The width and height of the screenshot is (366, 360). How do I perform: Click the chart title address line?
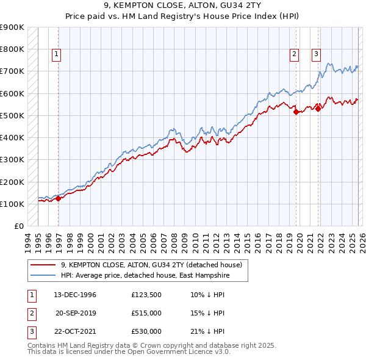click(x=182, y=5)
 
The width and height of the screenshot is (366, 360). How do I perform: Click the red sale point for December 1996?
click(x=59, y=198)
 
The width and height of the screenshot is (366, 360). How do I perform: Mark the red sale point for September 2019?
click(x=296, y=112)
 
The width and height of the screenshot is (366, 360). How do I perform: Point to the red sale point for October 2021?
click(x=318, y=109)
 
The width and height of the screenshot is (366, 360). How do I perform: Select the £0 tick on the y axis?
click(x=18, y=226)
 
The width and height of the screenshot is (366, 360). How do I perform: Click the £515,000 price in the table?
click(x=146, y=312)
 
